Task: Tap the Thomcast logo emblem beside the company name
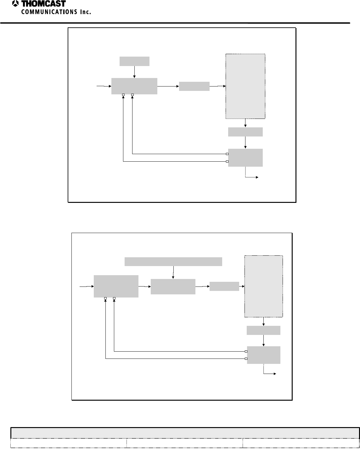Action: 15,4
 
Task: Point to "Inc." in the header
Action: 84,12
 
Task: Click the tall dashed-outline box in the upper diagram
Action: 245,86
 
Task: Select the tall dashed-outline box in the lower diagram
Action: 263,287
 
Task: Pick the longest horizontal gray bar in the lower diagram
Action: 173,261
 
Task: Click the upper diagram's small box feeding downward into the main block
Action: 134,61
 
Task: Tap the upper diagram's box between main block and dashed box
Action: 194,86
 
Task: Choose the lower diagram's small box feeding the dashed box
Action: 224,286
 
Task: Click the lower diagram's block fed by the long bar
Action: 173,287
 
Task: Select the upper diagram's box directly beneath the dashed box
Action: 245,132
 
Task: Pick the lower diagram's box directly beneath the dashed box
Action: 263,331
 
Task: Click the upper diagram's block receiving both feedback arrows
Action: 134,86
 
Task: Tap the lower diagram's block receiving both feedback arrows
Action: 116,286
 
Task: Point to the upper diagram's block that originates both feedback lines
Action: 245,158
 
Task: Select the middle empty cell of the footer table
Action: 184,443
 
